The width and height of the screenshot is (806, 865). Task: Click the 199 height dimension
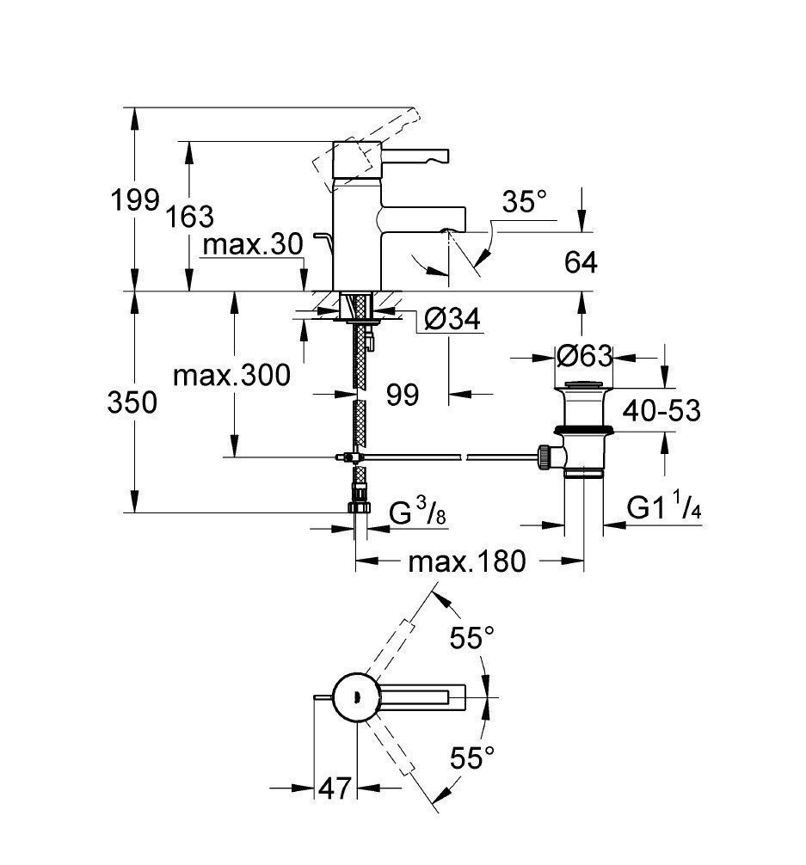(136, 201)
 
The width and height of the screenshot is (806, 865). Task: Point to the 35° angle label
(525, 203)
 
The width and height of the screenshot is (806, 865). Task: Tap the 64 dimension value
(581, 261)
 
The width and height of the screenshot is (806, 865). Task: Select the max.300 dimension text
(231, 375)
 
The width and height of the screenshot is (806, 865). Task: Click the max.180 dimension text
(466, 562)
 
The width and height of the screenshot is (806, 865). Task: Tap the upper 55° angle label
(472, 638)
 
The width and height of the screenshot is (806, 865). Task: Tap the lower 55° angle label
(473, 758)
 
